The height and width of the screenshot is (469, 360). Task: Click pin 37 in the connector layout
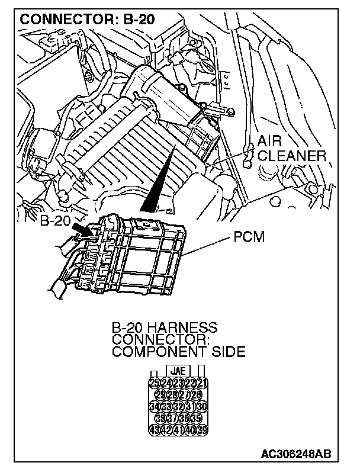click(172, 418)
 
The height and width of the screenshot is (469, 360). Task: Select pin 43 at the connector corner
click(155, 430)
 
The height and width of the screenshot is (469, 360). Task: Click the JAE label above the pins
click(178, 371)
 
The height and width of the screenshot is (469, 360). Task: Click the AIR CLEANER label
click(291, 149)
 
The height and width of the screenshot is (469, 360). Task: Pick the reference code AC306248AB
click(295, 454)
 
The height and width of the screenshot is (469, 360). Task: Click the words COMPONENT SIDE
click(178, 351)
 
